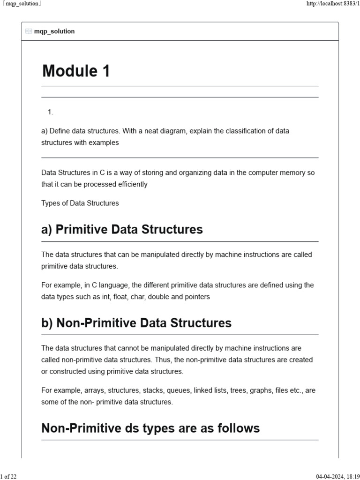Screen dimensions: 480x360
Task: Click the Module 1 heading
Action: [x=76, y=71]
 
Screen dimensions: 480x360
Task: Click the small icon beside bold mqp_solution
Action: [x=29, y=31]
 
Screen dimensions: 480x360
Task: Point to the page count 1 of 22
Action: [x=8, y=476]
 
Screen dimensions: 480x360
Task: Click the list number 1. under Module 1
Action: [x=50, y=112]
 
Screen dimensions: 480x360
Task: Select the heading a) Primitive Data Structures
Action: [x=122, y=229]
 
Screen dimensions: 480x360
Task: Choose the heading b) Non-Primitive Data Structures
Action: [x=136, y=323]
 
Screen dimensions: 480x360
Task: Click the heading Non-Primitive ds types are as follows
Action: [x=150, y=428]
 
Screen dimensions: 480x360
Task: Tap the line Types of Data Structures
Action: [x=80, y=203]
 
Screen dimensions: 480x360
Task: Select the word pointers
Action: [x=197, y=297]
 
